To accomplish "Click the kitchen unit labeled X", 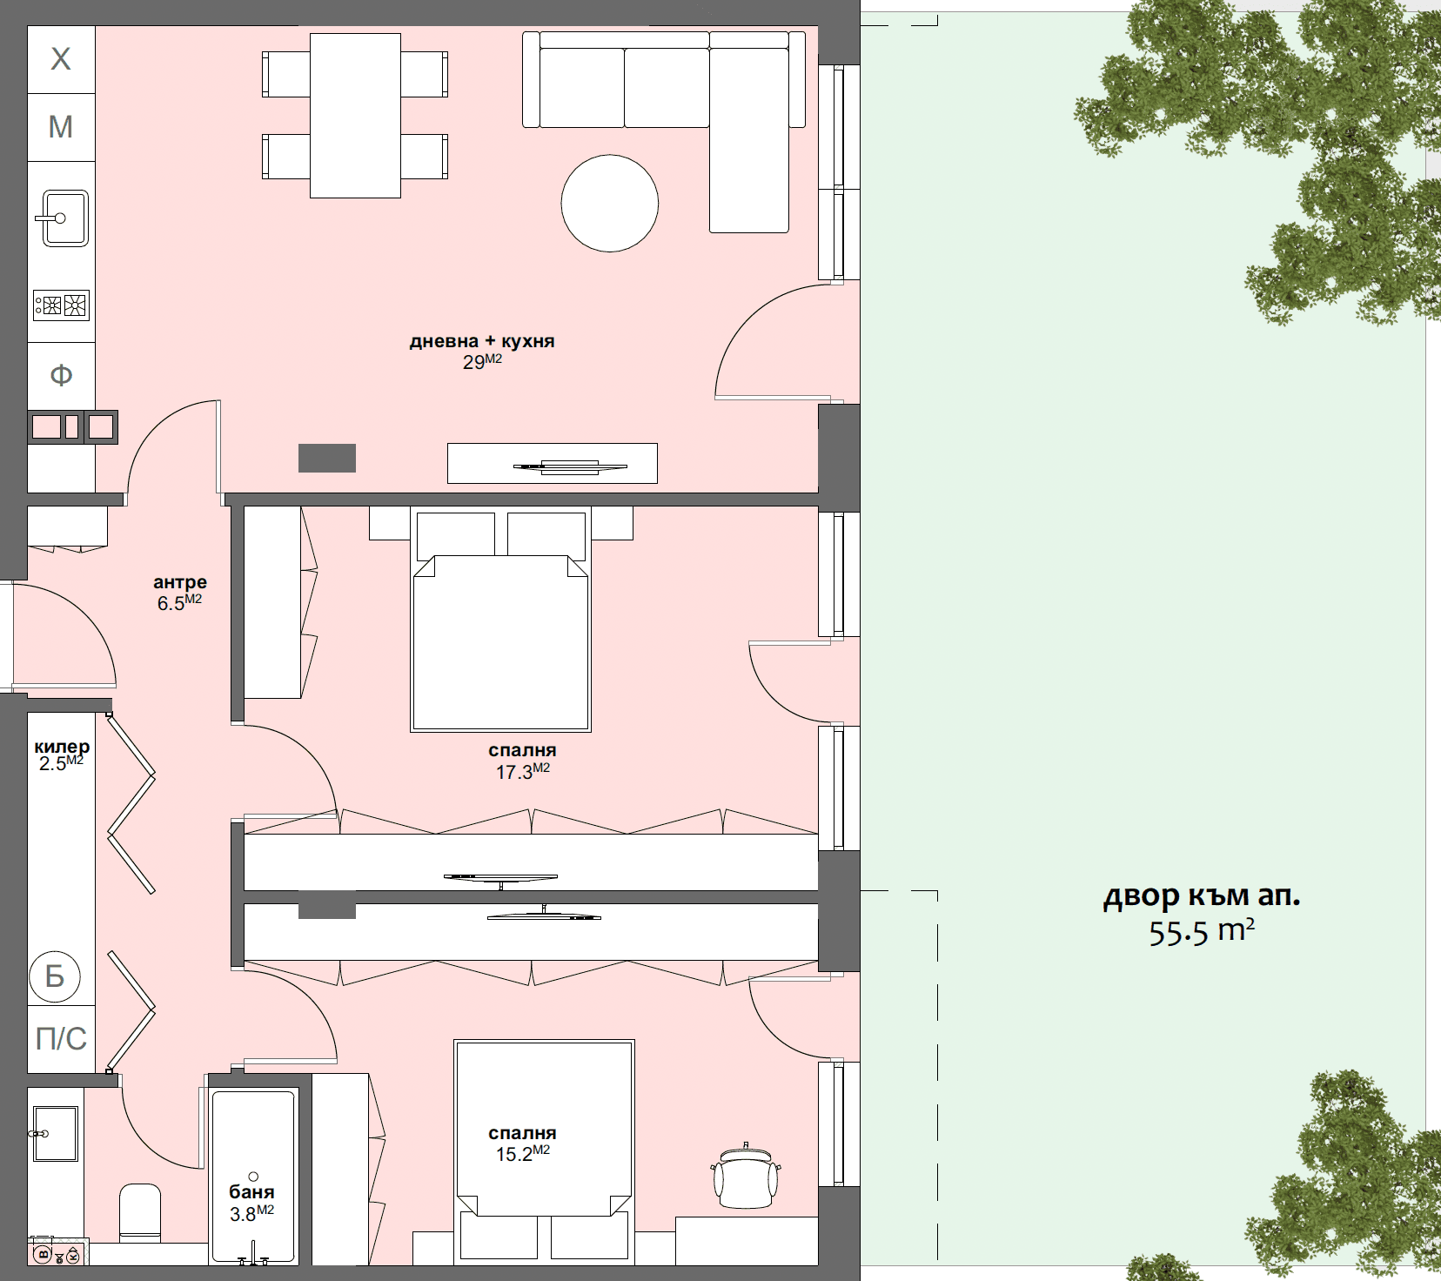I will point(61,59).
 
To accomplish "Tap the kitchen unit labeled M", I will point(61,127).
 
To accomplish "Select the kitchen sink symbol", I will point(63,218).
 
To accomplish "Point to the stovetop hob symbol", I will point(61,305).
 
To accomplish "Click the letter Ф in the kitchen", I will point(61,375).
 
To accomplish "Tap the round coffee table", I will point(609,204).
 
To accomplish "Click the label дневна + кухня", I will point(481,341).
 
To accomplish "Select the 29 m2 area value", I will point(481,362).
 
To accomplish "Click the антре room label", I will point(180,582).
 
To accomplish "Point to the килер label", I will point(62,747).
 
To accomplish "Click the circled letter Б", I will point(55,976).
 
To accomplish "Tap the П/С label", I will point(61,1038).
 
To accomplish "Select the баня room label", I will point(251,1192).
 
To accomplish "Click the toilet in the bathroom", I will point(140,1211).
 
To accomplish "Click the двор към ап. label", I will point(1201,895).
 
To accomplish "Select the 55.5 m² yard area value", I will point(1201,932).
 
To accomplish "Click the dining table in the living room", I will point(355,115).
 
